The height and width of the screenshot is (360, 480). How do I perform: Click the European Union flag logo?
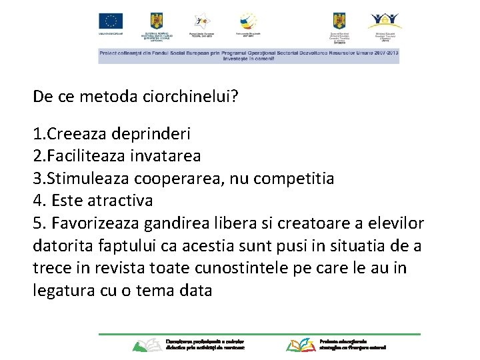[x=111, y=21]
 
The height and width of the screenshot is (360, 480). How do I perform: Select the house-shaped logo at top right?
[x=385, y=21]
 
